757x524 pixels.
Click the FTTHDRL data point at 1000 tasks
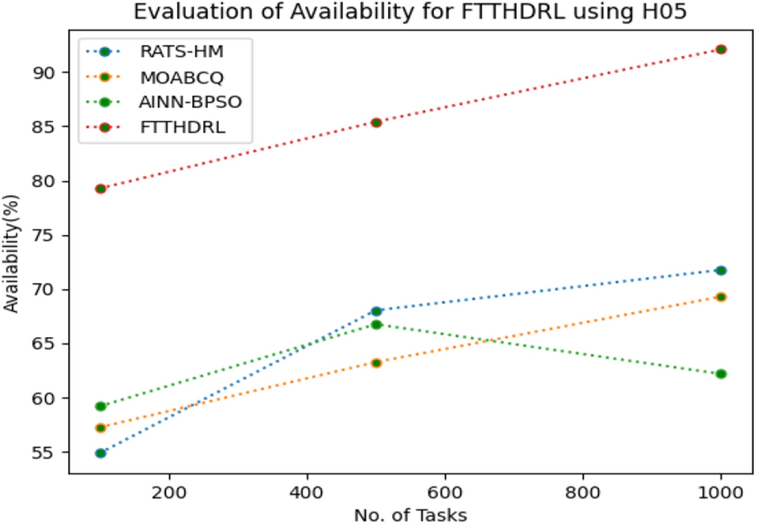[x=720, y=50]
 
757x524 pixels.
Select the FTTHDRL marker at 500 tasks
[x=376, y=122]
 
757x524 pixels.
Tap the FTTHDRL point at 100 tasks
[x=100, y=189]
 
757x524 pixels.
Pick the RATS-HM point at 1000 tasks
[x=720, y=270]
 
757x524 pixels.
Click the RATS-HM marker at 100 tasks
[x=100, y=453]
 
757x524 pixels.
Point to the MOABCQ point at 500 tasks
[x=376, y=363]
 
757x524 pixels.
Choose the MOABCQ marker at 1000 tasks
[x=720, y=297]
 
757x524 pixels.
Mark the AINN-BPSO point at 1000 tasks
[x=720, y=374]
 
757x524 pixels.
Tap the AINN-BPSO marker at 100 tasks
[x=100, y=406]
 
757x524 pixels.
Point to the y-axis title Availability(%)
[x=11, y=253]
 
